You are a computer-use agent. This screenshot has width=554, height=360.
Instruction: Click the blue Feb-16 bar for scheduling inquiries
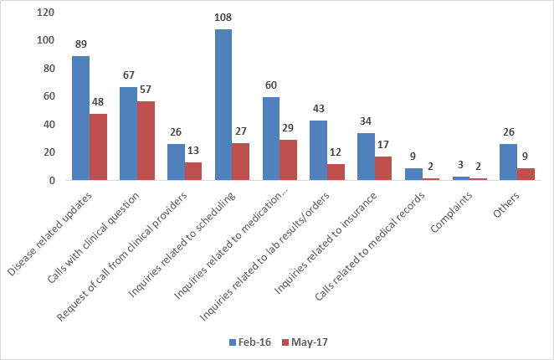pos(223,105)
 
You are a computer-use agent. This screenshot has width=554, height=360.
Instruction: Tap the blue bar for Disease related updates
pos(80,118)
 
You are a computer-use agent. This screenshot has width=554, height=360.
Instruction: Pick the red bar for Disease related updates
pos(99,147)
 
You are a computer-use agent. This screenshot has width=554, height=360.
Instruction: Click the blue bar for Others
pos(508,162)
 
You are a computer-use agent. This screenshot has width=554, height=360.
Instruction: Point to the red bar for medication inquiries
pos(289,160)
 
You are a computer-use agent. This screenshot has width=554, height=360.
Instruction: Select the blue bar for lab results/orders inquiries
pos(318,150)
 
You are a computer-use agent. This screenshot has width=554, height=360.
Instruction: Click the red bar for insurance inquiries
pos(383,168)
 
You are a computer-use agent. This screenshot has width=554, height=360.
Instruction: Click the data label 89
pos(80,43)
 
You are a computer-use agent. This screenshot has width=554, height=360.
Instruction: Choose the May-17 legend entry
pos(304,342)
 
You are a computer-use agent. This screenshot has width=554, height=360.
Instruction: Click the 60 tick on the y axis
pos(49,96)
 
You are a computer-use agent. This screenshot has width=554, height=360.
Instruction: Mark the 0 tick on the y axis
pos(51,180)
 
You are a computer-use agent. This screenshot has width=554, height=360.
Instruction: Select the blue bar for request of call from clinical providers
pos(176,162)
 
